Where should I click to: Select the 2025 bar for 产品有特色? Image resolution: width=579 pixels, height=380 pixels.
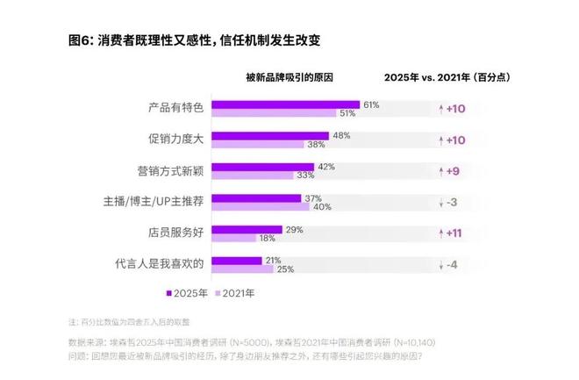(285, 104)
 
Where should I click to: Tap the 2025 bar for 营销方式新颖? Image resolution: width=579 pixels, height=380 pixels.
(262, 167)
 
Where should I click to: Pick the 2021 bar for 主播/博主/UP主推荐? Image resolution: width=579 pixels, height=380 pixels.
(261, 206)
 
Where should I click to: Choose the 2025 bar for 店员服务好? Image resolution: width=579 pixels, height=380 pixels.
(246, 229)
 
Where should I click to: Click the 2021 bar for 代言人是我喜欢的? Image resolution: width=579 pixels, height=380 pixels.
(241, 269)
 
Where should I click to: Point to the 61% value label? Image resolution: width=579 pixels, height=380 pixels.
(371, 104)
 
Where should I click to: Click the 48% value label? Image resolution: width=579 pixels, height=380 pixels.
(341, 135)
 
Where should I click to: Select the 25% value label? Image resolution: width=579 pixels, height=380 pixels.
(284, 269)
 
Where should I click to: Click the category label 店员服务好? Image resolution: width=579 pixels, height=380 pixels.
(176, 233)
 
